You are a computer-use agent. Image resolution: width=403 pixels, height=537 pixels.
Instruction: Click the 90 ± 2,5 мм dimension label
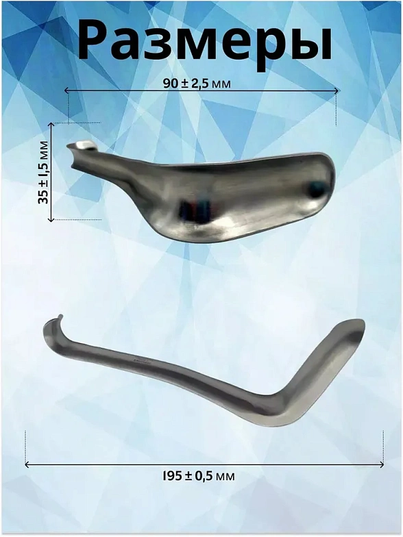coord(197,84)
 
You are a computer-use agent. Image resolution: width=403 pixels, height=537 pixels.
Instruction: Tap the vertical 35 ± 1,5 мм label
coord(43,173)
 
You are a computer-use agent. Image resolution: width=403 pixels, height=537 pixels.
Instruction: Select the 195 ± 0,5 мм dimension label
coord(199,475)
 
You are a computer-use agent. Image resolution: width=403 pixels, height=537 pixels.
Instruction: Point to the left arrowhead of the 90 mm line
coord(66,90)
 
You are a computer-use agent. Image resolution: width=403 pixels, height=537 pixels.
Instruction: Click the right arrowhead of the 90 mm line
coord(337,90)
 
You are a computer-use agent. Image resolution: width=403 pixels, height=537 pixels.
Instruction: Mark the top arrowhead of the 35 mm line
coord(51,125)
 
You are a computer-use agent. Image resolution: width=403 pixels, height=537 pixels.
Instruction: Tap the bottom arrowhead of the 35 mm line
coord(51,219)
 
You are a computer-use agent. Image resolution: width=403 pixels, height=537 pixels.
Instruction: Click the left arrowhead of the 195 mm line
coord(27,464)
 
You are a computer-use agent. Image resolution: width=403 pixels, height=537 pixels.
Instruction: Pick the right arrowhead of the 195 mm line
coord(381,464)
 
